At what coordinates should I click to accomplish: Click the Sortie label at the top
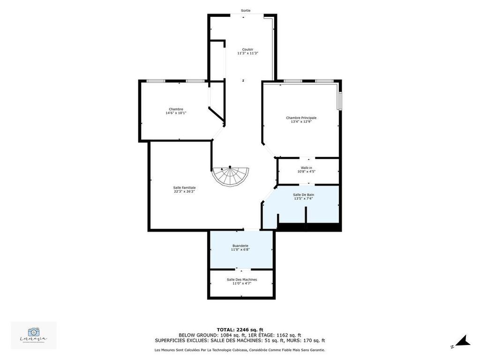tap(246, 10)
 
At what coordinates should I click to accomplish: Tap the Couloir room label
tap(247, 49)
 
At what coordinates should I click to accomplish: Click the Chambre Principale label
tap(301, 118)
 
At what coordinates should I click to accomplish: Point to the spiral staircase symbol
tap(230, 175)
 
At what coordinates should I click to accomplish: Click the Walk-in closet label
tap(306, 167)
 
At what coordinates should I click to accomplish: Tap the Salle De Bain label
tap(303, 195)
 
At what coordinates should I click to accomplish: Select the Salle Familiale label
tap(184, 187)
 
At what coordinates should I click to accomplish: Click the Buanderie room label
tap(240, 246)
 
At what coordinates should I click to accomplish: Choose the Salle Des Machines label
tap(242, 279)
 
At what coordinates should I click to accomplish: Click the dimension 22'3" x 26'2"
tap(184, 191)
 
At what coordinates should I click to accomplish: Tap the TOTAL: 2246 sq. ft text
tap(240, 330)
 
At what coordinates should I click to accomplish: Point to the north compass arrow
tap(463, 341)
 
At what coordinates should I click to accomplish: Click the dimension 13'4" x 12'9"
tap(301, 121)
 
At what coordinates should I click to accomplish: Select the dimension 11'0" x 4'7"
tap(242, 283)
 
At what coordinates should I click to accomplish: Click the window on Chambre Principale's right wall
tap(340, 100)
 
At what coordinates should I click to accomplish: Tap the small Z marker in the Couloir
tap(243, 81)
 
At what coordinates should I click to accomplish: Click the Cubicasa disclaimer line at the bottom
tap(240, 350)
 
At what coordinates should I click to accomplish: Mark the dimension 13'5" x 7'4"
tap(303, 198)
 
